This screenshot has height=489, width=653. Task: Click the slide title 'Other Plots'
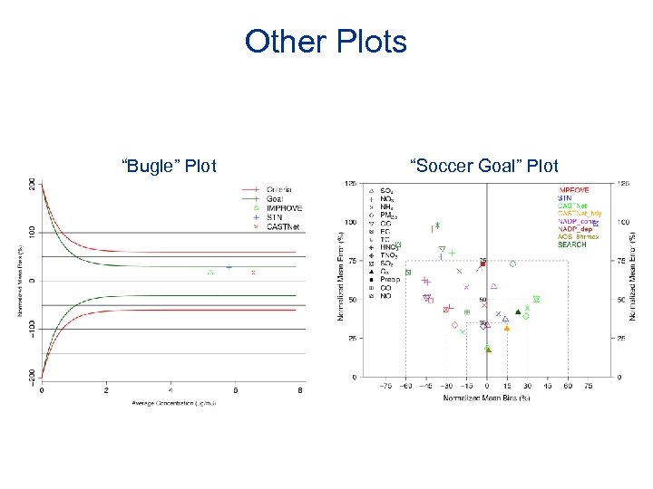pyautogui.click(x=326, y=42)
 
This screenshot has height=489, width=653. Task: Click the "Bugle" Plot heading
pyautogui.click(x=169, y=166)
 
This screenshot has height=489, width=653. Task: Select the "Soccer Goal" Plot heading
pyautogui.click(x=484, y=166)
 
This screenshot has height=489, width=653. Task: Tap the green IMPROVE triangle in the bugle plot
pyautogui.click(x=210, y=271)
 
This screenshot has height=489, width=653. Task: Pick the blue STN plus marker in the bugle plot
pyautogui.click(x=229, y=267)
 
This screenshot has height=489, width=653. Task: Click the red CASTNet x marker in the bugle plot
pyautogui.click(x=253, y=272)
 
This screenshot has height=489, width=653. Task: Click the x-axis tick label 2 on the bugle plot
pyautogui.click(x=106, y=390)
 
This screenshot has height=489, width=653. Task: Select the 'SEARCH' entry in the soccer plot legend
pyautogui.click(x=572, y=244)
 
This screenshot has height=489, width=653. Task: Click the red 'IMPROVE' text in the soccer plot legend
pyautogui.click(x=573, y=190)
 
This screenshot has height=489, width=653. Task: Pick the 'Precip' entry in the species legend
pyautogui.click(x=391, y=280)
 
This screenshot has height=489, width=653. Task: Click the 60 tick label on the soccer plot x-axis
pyautogui.click(x=568, y=386)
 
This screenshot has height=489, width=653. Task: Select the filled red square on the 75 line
pyautogui.click(x=482, y=264)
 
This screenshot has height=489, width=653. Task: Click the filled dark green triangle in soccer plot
pyautogui.click(x=518, y=312)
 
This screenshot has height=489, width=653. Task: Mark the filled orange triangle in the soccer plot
pyautogui.click(x=507, y=328)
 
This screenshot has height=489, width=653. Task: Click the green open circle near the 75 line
pyautogui.click(x=512, y=264)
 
